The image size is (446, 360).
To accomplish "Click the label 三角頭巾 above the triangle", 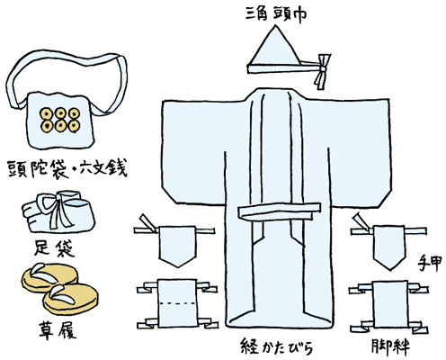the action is click(276, 13).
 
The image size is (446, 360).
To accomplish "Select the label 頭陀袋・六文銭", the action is click(67, 168).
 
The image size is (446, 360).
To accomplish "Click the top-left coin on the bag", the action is click(47, 113).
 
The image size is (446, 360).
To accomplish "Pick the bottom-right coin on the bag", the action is click(74, 126).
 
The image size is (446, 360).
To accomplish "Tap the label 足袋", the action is click(54, 248).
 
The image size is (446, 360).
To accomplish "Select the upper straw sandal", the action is click(49, 277).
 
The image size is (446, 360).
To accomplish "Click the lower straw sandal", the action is click(70, 299).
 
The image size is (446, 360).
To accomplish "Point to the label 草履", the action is click(58, 330).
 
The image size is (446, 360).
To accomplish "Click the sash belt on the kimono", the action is click(279, 211).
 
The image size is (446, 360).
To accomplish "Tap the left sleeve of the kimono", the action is click(193, 151).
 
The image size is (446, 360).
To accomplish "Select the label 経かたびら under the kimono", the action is click(277, 346).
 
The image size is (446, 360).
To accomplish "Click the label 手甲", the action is click(429, 264).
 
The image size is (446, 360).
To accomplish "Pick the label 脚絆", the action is click(390, 346).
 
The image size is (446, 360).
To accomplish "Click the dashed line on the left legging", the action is click(177, 303).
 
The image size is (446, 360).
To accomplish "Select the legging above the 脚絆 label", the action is click(390, 304).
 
